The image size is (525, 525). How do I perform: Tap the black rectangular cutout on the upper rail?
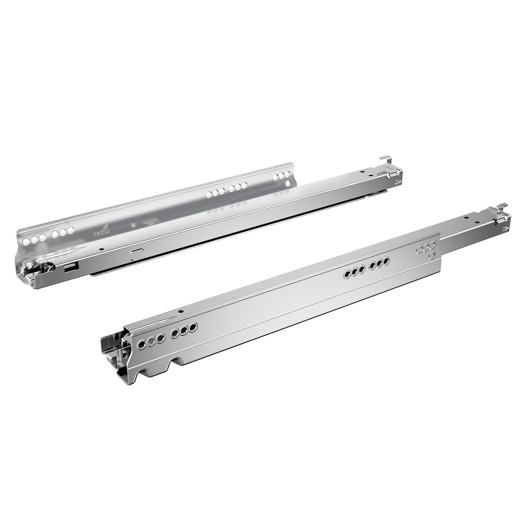click(71, 268)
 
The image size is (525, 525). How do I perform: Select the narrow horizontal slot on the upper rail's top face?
click(137, 251)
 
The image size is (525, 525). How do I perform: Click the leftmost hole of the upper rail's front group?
click(26, 241)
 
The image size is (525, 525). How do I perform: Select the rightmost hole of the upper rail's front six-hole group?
click(70, 230)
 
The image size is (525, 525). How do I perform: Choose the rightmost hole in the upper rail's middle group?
click(245, 185)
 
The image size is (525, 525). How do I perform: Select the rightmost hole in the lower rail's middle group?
click(387, 262)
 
